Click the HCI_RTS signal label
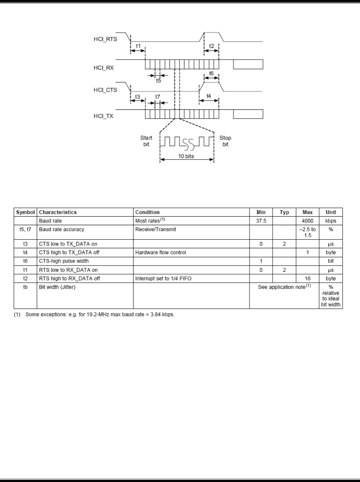tap(105, 39)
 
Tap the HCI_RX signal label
tap(104, 67)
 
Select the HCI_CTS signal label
tap(105, 90)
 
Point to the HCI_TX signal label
tap(104, 116)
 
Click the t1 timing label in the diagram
tap(138, 46)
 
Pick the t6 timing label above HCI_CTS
tap(212, 73)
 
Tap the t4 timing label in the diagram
tap(209, 96)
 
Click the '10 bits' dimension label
tap(186, 156)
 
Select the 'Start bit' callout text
tap(146, 141)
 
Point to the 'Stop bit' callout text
tap(225, 141)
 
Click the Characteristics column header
tap(58, 212)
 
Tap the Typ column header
tap(284, 212)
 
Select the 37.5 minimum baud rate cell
tap(261, 221)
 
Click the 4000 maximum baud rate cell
tap(307, 221)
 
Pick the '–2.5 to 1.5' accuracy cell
tap(307, 232)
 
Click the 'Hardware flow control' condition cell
tap(160, 253)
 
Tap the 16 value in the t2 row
tap(307, 278)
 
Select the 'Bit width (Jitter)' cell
tap(57, 287)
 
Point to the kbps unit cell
tap(331, 221)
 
